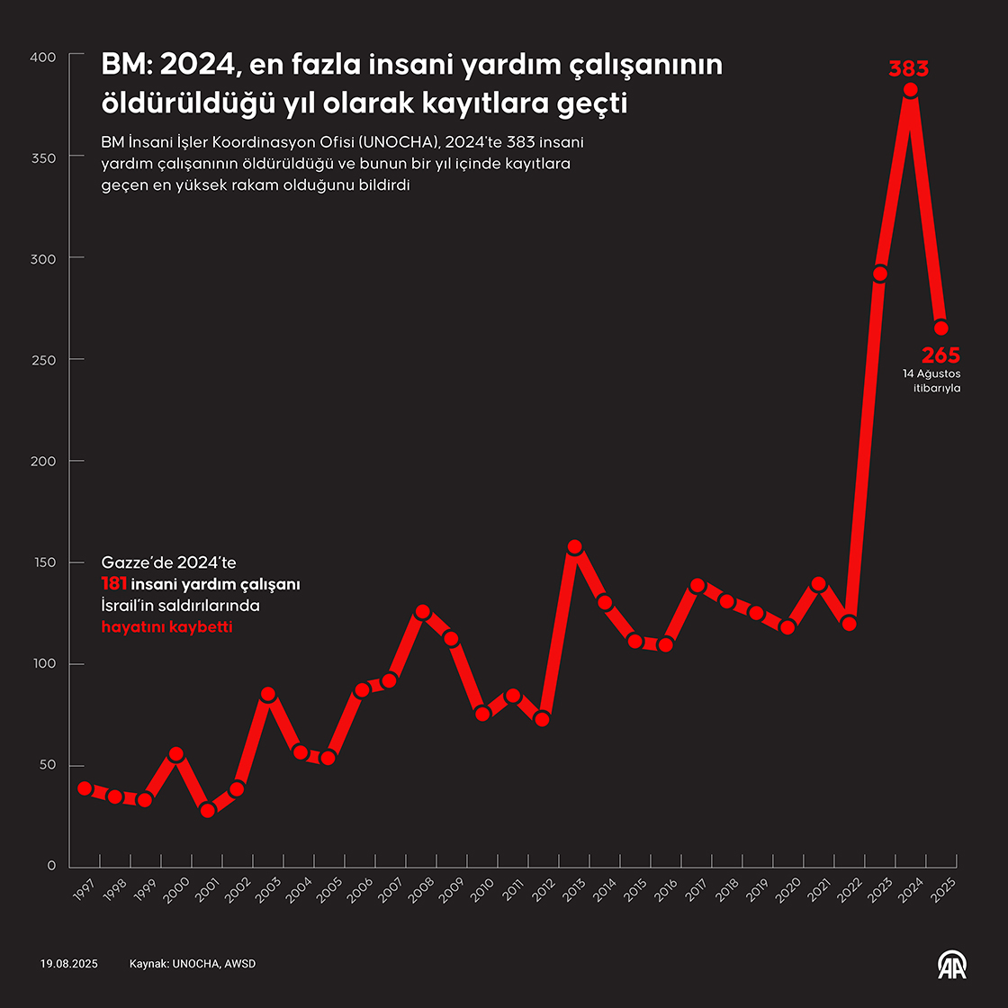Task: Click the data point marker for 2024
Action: click(x=910, y=90)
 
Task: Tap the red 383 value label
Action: click(x=908, y=68)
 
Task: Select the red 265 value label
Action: click(x=940, y=355)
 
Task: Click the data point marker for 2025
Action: click(x=940, y=328)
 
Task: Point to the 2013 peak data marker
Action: click(x=575, y=547)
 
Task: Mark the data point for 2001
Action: click(x=208, y=810)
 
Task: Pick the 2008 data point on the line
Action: click(x=422, y=612)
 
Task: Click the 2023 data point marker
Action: click(x=880, y=274)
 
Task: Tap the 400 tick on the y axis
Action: click(x=43, y=57)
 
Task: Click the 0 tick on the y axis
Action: click(x=51, y=866)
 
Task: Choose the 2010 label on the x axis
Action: click(x=482, y=890)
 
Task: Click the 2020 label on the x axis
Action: click(x=788, y=890)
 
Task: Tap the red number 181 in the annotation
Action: click(x=113, y=584)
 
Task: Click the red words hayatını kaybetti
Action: click(x=166, y=626)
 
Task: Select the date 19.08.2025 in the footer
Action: click(x=68, y=964)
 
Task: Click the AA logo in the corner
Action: click(x=951, y=965)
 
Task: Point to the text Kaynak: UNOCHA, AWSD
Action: click(x=193, y=964)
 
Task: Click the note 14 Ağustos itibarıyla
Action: click(x=931, y=381)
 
